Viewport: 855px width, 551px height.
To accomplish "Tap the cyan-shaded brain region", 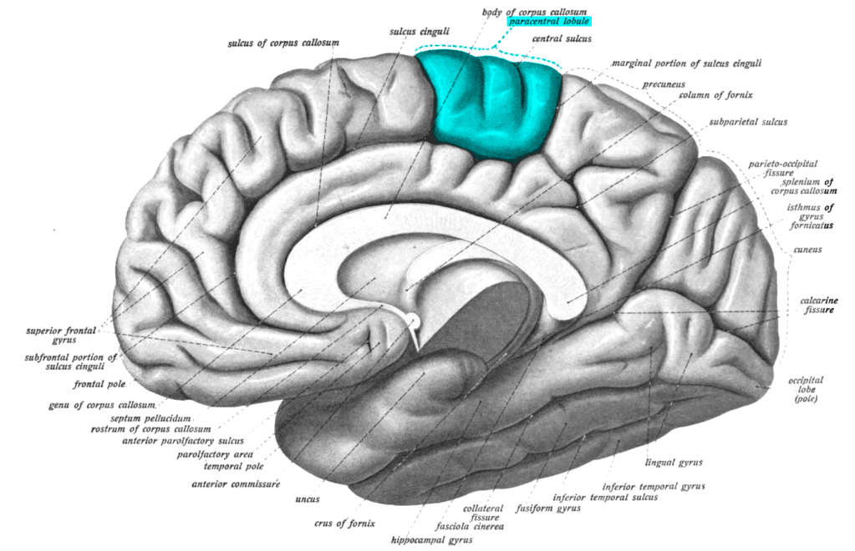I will [491, 104].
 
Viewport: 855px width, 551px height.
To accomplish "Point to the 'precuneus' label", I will [665, 85].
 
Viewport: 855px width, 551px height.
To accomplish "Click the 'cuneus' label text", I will [809, 250].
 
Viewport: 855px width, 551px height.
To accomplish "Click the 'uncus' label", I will [307, 501].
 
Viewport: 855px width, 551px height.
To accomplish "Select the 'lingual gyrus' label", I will [673, 461].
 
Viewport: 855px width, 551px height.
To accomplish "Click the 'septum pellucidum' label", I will [156, 417].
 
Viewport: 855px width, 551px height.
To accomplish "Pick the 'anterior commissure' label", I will [236, 483].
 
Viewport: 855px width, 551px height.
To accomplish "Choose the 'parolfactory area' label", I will [212, 454].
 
